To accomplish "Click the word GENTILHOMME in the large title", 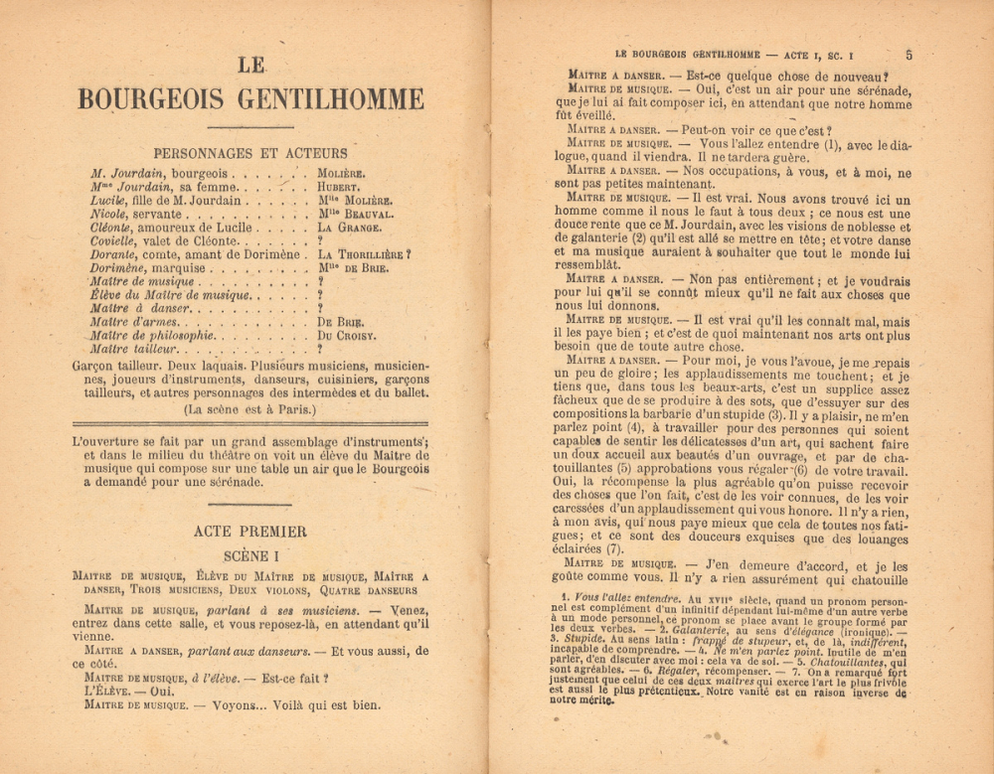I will tap(337, 100).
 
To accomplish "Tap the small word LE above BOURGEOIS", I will tap(251, 66).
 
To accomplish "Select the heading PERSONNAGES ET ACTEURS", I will tap(250, 153).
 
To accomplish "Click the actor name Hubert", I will tap(339, 187).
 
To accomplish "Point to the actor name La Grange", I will tap(350, 228).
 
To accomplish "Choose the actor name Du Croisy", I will tap(347, 336).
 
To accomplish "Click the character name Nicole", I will tap(107, 214).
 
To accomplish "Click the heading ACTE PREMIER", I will tap(250, 532).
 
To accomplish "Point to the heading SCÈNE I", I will tap(250, 555).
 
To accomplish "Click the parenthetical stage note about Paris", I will tap(250, 409).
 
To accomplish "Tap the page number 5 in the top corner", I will tap(910, 55).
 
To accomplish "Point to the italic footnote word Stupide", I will tap(580, 640).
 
